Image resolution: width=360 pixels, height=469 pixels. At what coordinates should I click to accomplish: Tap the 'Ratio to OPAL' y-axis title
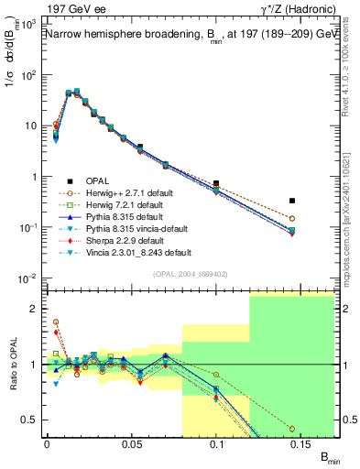[x=12, y=363]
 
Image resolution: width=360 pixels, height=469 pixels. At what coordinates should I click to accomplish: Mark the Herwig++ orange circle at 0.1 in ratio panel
[x=216, y=375]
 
